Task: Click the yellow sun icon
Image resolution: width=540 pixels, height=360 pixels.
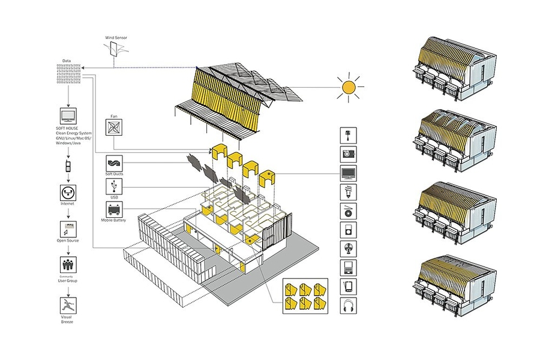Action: click(x=348, y=88)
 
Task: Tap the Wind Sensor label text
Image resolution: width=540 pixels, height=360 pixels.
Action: click(x=116, y=38)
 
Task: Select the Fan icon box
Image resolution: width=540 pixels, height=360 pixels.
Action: click(x=113, y=128)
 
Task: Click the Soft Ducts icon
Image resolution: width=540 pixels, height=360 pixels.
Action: click(x=113, y=163)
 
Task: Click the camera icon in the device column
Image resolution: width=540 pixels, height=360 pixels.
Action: click(x=348, y=154)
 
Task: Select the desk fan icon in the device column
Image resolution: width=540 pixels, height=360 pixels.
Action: click(x=348, y=248)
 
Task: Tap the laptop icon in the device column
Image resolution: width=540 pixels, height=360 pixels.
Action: click(x=348, y=266)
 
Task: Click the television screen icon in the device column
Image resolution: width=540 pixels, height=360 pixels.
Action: click(x=348, y=173)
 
